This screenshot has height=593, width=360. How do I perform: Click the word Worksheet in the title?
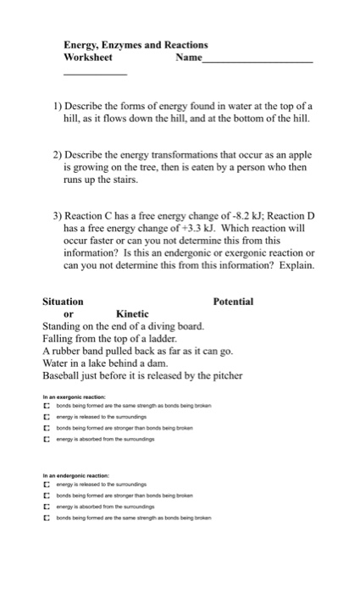87,58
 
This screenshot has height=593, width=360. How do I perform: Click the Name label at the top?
188,58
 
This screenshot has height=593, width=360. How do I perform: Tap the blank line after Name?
258,61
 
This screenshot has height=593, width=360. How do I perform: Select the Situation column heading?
63,302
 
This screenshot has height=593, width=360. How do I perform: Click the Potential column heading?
233,302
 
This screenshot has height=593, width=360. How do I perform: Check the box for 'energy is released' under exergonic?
47,417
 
